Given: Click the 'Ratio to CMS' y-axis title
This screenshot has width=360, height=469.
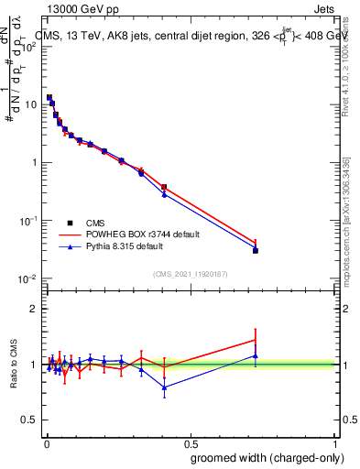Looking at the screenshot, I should pos(14,364).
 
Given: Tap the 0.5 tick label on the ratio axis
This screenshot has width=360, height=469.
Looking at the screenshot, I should pos(30,420).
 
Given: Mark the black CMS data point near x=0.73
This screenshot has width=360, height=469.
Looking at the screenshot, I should pos(256,250).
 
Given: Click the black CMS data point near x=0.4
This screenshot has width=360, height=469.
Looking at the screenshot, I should pos(164,188).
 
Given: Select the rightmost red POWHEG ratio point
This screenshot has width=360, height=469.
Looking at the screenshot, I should pos(256,340).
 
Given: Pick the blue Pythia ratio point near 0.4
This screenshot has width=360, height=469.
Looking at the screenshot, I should pos(164,387).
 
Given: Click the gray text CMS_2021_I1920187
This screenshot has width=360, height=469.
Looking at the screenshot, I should pos(190,274).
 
